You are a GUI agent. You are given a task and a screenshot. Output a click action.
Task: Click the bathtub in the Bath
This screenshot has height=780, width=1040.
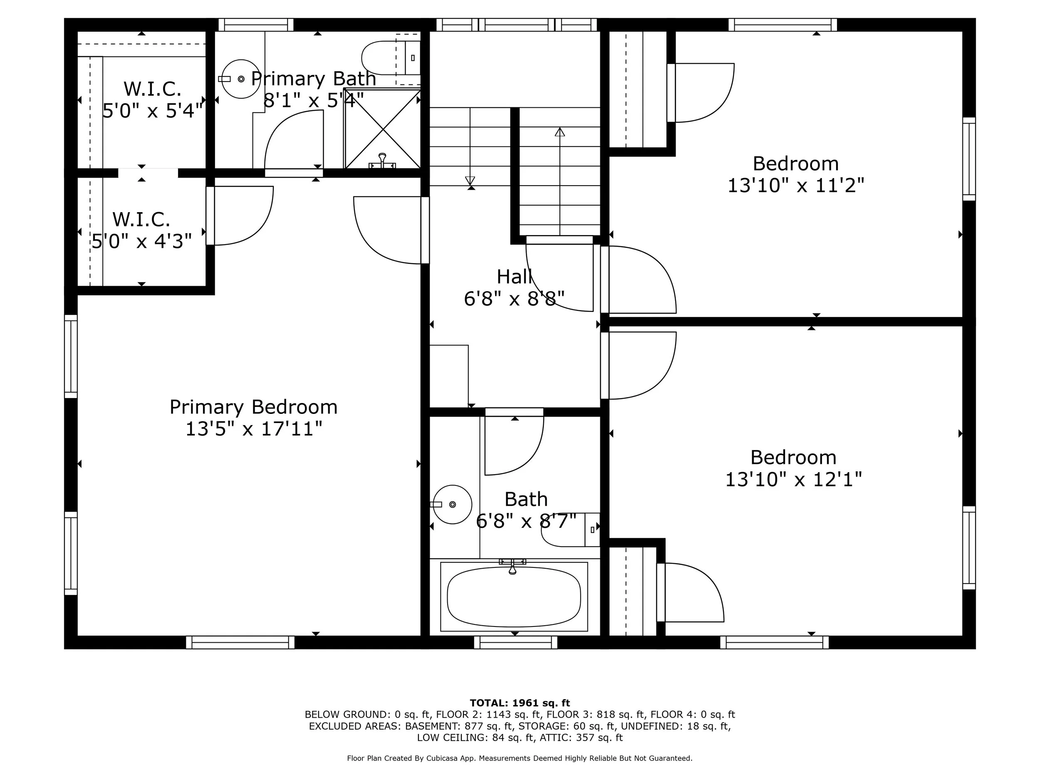coord(513,597)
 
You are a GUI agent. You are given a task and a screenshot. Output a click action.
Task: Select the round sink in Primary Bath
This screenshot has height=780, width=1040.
coord(241,79)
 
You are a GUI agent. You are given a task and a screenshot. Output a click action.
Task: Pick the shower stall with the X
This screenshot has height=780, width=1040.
coord(383,129)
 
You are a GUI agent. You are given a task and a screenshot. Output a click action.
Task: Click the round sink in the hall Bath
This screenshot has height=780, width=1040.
coord(452,505)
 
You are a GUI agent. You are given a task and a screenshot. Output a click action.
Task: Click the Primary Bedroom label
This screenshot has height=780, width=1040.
coord(253,407)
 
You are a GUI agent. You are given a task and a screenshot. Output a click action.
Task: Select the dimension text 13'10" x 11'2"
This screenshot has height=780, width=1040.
coord(795,186)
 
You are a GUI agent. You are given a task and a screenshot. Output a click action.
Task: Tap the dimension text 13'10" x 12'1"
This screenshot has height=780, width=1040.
coord(793,480)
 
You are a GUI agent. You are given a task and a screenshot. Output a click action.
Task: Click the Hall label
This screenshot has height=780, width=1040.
coord(514,277)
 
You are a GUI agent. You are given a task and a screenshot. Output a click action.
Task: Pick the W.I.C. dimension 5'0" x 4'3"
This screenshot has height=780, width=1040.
coord(141,241)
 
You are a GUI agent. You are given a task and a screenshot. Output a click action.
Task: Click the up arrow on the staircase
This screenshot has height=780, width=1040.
coord(560,133)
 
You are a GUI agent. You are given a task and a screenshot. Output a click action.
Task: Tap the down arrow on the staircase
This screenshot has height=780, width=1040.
coord(470,181)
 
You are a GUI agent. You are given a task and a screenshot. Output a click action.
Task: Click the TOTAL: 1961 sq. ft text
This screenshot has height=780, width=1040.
coord(520,703)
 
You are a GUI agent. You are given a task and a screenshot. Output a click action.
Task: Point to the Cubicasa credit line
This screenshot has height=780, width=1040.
coord(520,758)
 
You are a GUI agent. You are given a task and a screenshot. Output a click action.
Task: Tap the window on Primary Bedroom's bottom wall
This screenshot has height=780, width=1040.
coord(240,642)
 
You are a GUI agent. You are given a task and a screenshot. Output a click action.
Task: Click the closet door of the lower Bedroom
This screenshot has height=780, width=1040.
coord(691,592)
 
